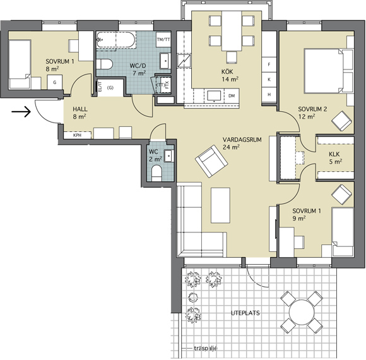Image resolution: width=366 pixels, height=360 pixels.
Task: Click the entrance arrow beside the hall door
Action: [x=21, y=112]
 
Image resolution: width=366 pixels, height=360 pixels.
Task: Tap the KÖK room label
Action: [x=227, y=71]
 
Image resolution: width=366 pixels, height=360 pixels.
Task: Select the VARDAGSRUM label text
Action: [x=242, y=140]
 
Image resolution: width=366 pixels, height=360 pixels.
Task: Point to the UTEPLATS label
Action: [x=245, y=313]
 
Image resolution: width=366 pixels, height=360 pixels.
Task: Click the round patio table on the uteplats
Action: [x=302, y=312]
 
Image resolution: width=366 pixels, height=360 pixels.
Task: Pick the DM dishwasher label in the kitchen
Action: [x=232, y=96]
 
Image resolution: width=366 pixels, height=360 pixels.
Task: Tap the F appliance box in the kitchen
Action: [x=269, y=64]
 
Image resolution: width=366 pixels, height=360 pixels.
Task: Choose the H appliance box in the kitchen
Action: [x=269, y=95]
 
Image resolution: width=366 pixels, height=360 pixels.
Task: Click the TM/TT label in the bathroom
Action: [x=163, y=40]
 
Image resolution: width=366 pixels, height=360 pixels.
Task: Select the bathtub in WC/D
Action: [x=116, y=40]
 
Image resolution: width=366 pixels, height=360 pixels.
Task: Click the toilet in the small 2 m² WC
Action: [x=156, y=173]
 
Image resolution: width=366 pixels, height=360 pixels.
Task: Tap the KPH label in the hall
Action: [x=77, y=135]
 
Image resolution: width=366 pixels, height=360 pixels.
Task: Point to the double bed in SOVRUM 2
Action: [x=329, y=71]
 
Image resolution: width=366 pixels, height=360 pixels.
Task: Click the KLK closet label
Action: [x=334, y=154]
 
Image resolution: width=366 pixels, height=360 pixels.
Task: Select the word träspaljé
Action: [x=206, y=349]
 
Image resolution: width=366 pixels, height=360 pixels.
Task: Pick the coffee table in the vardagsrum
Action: [x=221, y=205]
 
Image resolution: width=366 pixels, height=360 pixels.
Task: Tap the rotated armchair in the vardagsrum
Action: [x=211, y=161]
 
